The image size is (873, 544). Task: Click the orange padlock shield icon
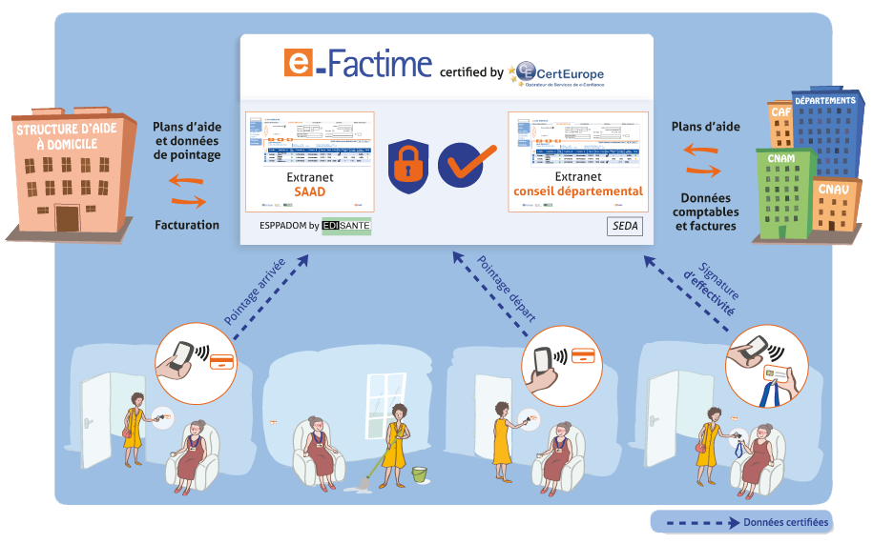coord(405,164)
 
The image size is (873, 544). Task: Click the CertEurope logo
coord(558,72)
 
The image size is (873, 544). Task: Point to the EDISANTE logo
coord(346,226)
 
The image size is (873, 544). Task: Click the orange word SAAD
coord(309,192)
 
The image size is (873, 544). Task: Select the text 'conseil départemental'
coord(578,191)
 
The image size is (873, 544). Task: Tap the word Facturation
coord(187,226)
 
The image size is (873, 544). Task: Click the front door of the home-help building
coord(69,217)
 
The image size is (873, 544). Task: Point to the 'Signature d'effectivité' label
coord(715,286)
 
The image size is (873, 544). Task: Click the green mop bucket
coord(420,473)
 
